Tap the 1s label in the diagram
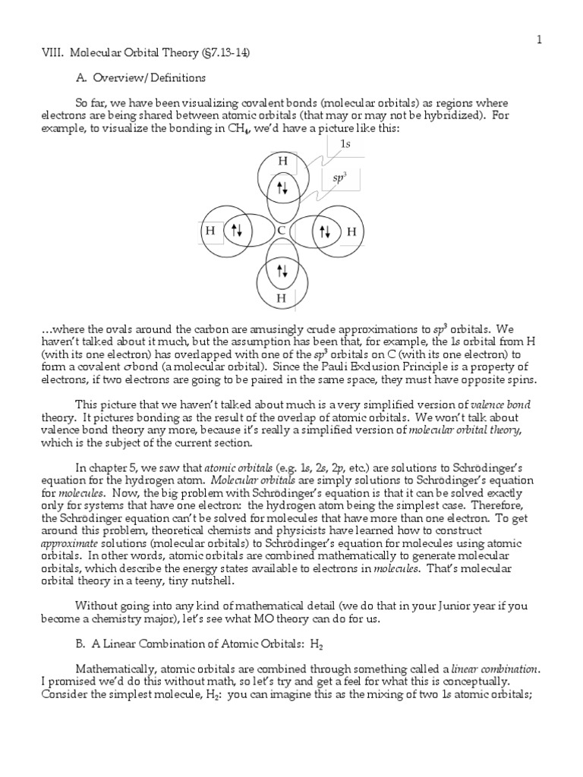(345, 143)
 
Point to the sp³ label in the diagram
(340, 178)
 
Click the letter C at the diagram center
(282, 231)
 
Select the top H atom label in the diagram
(282, 162)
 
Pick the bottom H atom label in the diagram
(282, 299)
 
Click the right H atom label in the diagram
(351, 231)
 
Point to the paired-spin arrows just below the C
(282, 271)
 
